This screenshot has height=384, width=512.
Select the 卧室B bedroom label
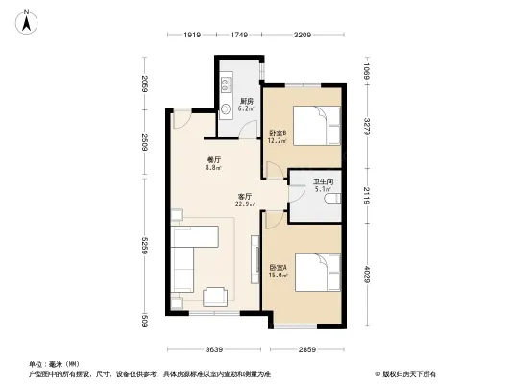pyautogui.click(x=277, y=136)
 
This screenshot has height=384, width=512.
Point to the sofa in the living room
pyautogui.click(x=186, y=257)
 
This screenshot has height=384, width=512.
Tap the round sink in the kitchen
pyautogui.click(x=228, y=108)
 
